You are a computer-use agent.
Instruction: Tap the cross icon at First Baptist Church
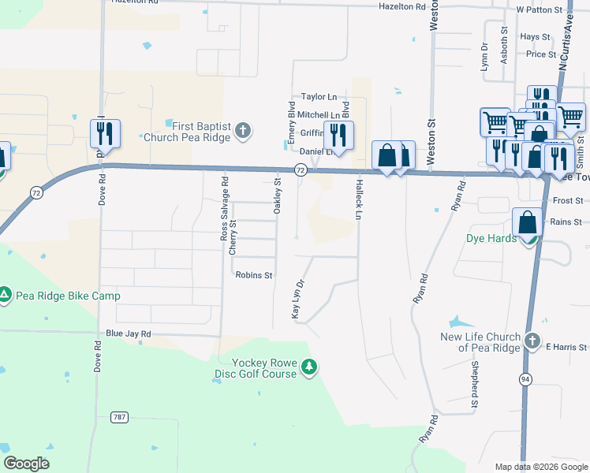click(x=244, y=130)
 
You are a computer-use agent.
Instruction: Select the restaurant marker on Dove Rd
click(x=105, y=135)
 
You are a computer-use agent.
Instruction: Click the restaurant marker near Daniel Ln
click(x=338, y=136)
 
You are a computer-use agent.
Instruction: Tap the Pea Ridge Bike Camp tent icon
click(x=5, y=296)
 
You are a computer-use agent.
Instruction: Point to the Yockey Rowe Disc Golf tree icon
click(x=310, y=367)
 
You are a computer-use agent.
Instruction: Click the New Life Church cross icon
click(x=532, y=342)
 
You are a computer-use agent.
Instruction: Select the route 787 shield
click(x=120, y=417)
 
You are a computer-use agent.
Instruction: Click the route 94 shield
click(x=525, y=379)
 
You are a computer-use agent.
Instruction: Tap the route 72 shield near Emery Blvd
click(x=301, y=169)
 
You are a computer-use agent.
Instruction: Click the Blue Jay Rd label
click(x=128, y=333)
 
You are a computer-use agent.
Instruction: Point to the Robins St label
click(x=254, y=275)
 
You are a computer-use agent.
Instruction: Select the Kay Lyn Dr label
click(x=298, y=300)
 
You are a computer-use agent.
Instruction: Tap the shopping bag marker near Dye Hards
click(x=526, y=223)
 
